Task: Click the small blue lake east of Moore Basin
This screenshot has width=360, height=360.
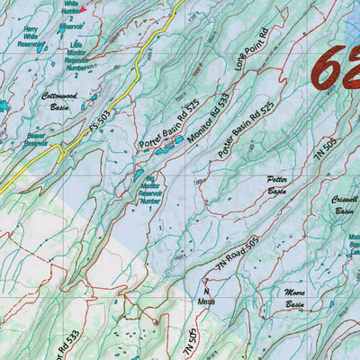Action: pos(331,306)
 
